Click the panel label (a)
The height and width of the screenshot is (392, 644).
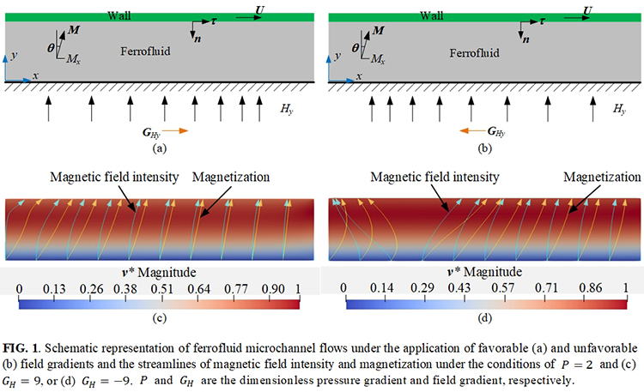click(157, 148)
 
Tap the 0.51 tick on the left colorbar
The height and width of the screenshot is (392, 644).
click(160, 290)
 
